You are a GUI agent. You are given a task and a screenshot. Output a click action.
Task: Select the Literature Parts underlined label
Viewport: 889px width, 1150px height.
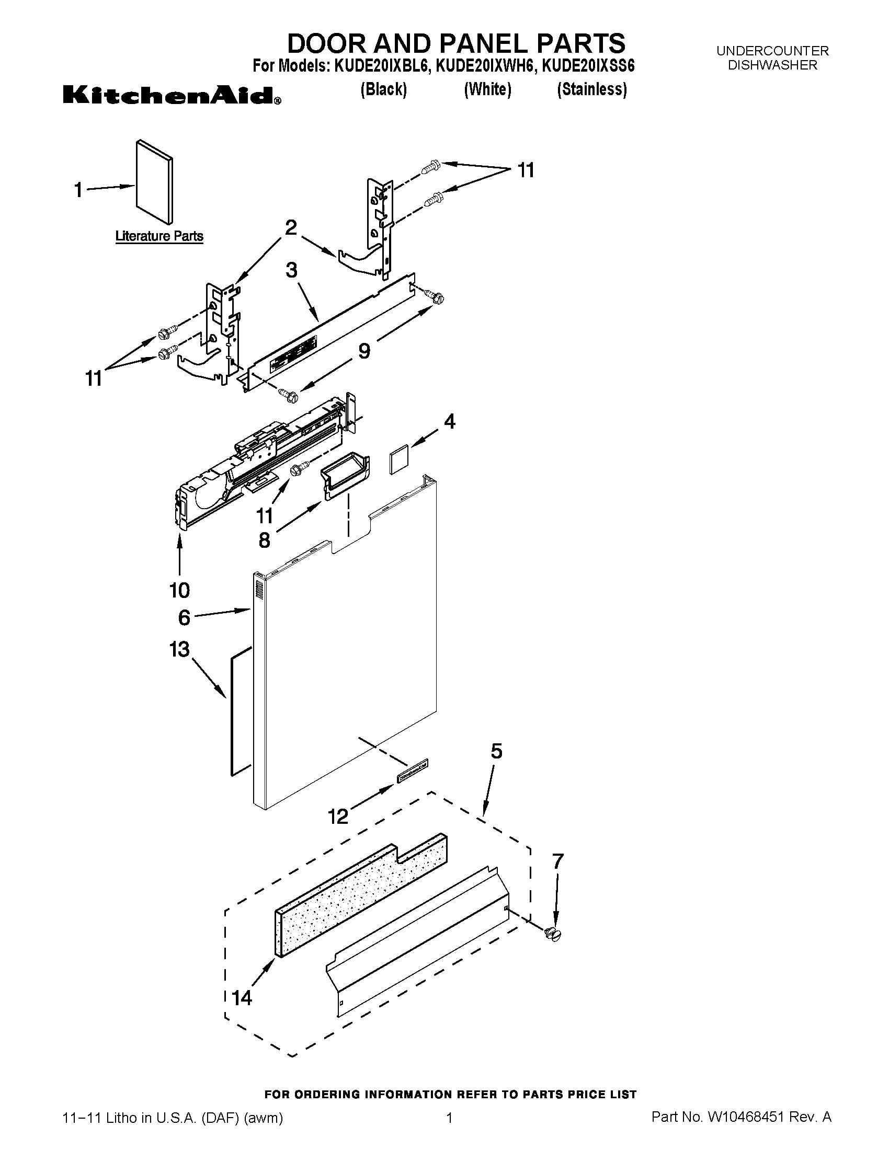[159, 236]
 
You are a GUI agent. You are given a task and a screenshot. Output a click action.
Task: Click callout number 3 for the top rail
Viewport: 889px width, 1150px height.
[291, 270]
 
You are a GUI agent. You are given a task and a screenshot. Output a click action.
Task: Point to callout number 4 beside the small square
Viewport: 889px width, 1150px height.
[449, 421]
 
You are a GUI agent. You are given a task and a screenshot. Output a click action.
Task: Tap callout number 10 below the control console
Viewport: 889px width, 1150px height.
[179, 590]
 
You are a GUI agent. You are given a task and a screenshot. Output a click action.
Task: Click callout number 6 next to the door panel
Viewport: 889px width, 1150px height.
[184, 617]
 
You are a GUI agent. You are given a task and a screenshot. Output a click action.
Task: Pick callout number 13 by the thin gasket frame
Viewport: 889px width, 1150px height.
[179, 649]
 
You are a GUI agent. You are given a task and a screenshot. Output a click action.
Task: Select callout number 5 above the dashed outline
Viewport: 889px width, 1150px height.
[496, 751]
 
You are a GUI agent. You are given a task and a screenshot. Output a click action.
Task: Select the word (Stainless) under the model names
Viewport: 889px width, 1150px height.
[592, 89]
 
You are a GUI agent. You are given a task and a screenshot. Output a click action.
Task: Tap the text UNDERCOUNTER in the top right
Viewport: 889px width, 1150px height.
[772, 51]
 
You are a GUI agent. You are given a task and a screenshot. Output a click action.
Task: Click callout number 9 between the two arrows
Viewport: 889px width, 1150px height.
[364, 351]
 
